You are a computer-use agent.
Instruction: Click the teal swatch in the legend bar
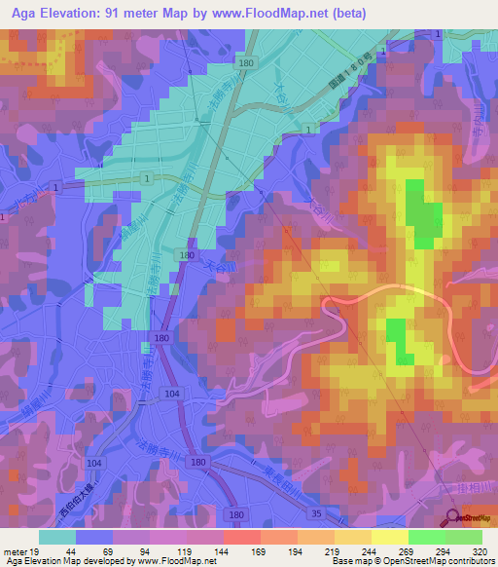[x=57, y=537]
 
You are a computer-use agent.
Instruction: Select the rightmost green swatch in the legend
[x=463, y=537]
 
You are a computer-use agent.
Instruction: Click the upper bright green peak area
[x=420, y=214]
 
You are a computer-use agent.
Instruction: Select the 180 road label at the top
[x=245, y=63]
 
